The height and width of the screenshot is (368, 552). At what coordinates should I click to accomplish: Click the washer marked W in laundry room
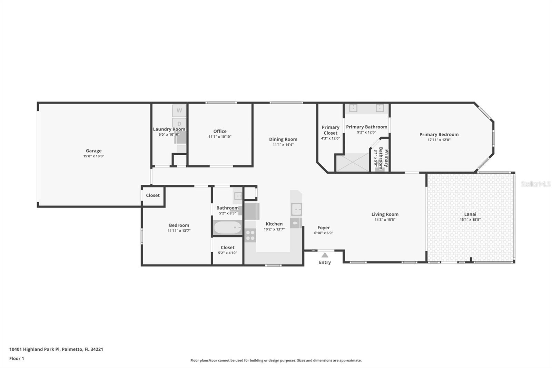pyautogui.click(x=179, y=110)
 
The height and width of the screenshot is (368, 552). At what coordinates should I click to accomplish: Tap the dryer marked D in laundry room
pyautogui.click(x=179, y=123)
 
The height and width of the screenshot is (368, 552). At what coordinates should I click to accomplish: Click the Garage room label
pyautogui.click(x=93, y=151)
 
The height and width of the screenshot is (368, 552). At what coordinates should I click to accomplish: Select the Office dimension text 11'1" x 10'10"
pyautogui.click(x=220, y=137)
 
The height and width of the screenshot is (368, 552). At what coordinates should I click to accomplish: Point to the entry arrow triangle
pyautogui.click(x=325, y=255)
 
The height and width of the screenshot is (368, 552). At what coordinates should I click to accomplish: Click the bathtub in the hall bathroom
pyautogui.click(x=228, y=227)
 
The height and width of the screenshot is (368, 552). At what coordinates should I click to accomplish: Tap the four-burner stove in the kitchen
pyautogui.click(x=250, y=235)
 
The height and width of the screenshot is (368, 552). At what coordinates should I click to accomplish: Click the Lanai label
pyautogui.click(x=470, y=214)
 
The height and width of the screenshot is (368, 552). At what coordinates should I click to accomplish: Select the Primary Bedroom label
pyautogui.click(x=439, y=134)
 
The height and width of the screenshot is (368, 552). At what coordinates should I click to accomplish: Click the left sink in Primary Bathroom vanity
pyautogui.click(x=353, y=108)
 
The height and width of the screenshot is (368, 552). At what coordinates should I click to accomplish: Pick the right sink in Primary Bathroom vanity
pyautogui.click(x=379, y=108)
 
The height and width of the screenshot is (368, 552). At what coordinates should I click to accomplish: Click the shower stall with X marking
pyautogui.click(x=353, y=162)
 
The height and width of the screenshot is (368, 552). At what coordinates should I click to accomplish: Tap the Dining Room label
pyautogui.click(x=283, y=139)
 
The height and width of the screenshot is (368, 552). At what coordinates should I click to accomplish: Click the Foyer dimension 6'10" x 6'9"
pyautogui.click(x=323, y=233)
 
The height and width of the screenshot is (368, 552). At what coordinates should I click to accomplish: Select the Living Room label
pyautogui.click(x=385, y=214)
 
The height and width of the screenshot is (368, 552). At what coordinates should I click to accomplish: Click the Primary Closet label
pyautogui.click(x=330, y=130)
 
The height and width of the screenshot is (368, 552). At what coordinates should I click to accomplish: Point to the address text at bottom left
pyautogui.click(x=56, y=349)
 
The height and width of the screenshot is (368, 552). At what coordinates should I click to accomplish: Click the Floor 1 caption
pyautogui.click(x=17, y=358)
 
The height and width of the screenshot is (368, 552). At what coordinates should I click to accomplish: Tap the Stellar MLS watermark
pyautogui.click(x=535, y=184)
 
